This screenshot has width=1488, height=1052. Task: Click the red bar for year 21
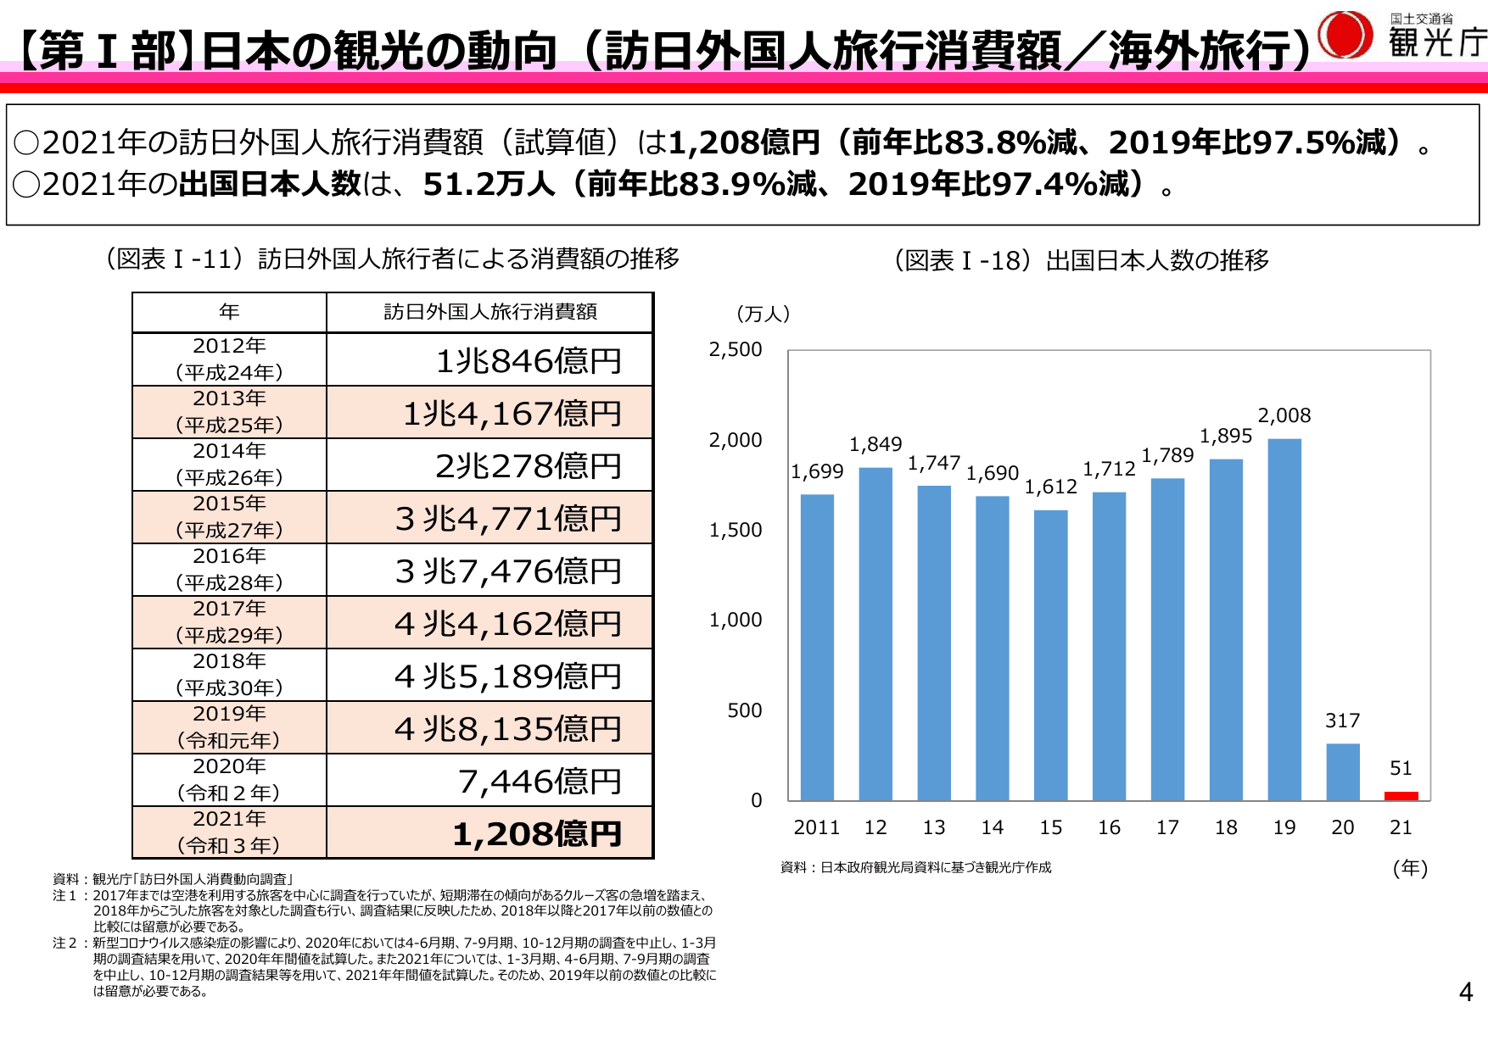tap(1401, 795)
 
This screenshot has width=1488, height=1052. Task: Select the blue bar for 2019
tap(1284, 619)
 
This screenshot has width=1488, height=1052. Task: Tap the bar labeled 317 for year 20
tap(1342, 771)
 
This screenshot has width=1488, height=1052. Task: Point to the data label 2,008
tap(1284, 415)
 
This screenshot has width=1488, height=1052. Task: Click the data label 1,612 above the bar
tap(1050, 487)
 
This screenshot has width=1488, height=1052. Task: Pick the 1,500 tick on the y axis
tap(735, 530)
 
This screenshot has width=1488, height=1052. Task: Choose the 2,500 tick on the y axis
tap(735, 349)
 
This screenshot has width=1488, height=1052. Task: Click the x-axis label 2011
tap(816, 827)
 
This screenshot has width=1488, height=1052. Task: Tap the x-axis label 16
tap(1109, 827)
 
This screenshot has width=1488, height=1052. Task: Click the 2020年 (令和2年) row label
tap(229, 779)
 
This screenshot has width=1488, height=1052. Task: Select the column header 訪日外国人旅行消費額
tap(489, 312)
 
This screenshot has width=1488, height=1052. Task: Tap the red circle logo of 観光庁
tap(1345, 35)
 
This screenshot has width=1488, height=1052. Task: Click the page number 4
tap(1465, 992)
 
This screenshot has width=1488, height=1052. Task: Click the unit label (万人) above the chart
tap(763, 314)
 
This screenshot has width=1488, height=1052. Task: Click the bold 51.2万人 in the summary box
tap(488, 184)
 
